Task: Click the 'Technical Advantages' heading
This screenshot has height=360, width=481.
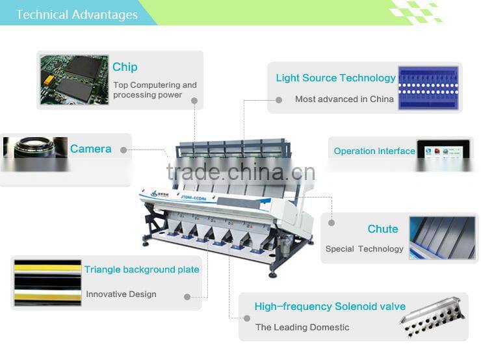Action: tap(77, 14)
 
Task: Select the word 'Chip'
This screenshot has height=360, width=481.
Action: tap(125, 67)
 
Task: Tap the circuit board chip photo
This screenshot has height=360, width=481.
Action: tap(75, 80)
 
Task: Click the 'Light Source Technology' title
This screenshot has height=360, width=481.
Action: tap(335, 78)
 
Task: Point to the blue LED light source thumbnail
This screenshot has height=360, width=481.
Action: tap(428, 88)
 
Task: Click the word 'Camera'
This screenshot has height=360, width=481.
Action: tap(90, 149)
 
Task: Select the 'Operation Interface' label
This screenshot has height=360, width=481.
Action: tap(374, 151)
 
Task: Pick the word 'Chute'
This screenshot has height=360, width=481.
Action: tap(383, 229)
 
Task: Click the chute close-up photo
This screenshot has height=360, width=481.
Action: tap(443, 238)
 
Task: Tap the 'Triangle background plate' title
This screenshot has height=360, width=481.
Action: tap(142, 270)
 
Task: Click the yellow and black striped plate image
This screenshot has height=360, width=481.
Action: tap(47, 283)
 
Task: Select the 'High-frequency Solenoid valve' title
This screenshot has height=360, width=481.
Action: tap(330, 306)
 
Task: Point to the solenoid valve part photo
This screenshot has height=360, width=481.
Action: tap(432, 316)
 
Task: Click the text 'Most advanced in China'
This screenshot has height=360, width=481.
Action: tap(344, 99)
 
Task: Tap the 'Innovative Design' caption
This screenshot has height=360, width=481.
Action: tap(121, 294)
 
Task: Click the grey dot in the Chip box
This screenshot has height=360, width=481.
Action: tap(194, 101)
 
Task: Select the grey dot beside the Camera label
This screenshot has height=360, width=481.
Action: tap(123, 150)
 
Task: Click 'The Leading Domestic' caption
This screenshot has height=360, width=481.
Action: tap(302, 328)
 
